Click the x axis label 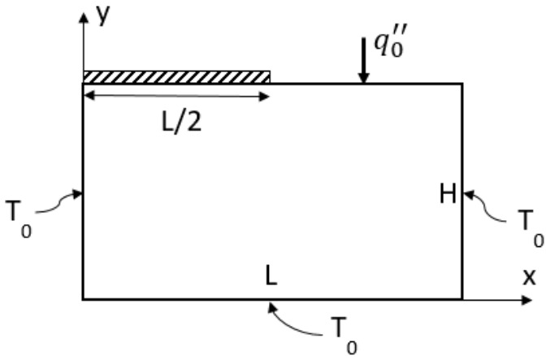click(529, 277)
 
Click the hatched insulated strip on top click(176, 76)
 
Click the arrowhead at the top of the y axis click(83, 16)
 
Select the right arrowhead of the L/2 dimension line click(264, 95)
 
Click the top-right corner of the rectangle click(462, 84)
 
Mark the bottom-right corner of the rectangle click(462, 299)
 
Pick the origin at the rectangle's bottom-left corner click(83, 299)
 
